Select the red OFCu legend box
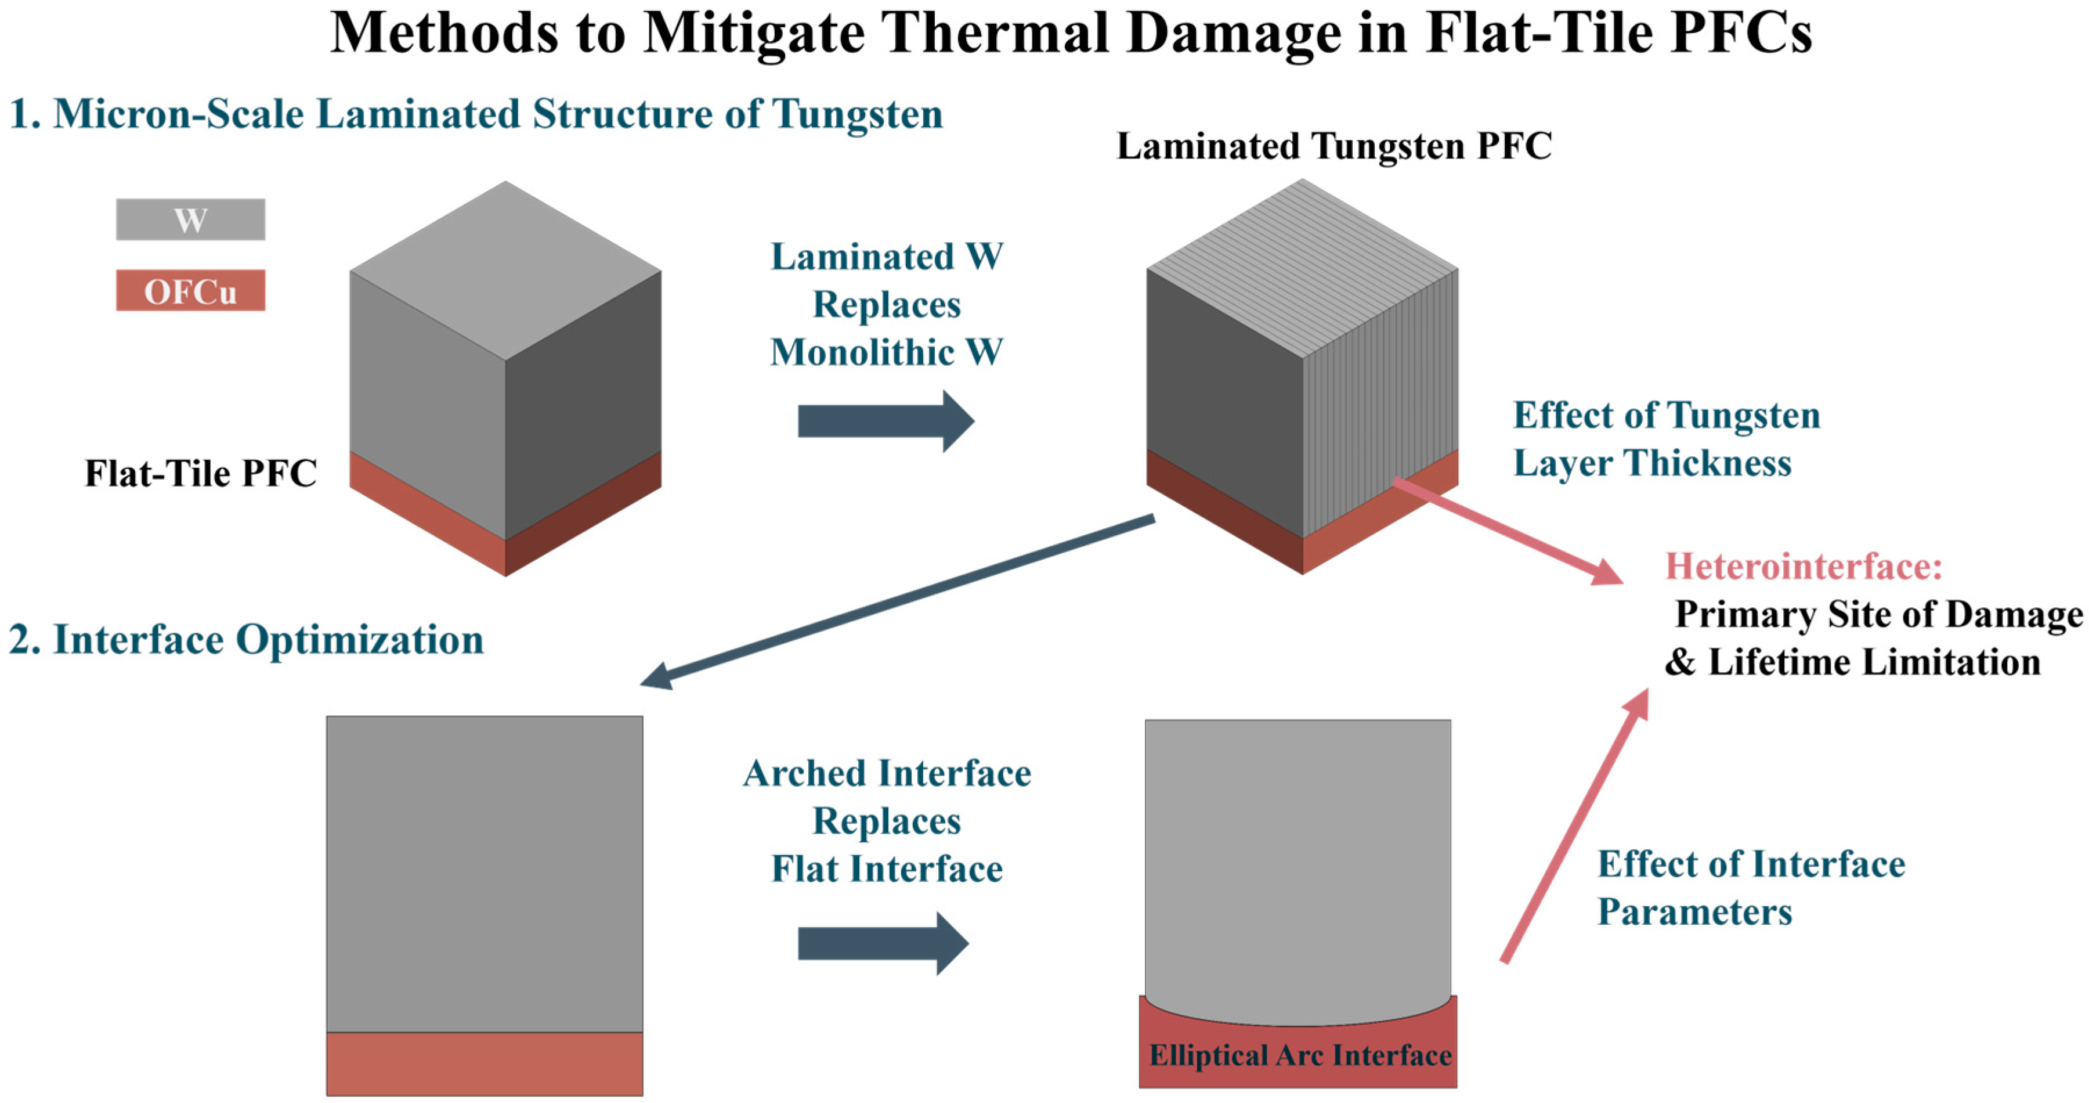(x=190, y=290)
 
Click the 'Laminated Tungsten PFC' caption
(x=1334, y=147)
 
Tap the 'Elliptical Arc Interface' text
(x=1300, y=1055)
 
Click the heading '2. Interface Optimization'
(x=247, y=640)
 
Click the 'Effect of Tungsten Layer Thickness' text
(x=1667, y=439)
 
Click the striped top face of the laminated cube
(x=1302, y=268)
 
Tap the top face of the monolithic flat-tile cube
(x=505, y=270)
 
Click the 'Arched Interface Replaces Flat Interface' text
(x=886, y=821)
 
